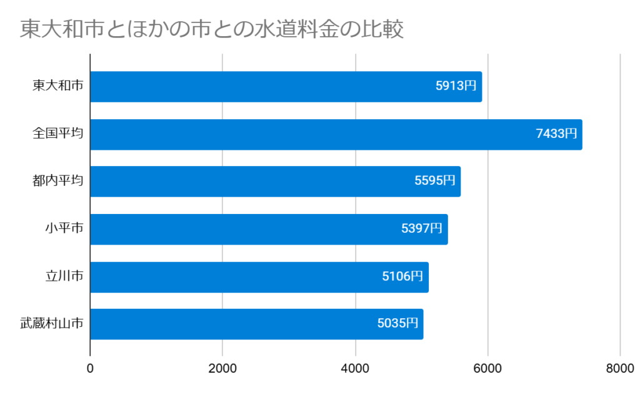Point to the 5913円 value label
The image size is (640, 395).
(x=456, y=87)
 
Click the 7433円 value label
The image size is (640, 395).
(x=556, y=134)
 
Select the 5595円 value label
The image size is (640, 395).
(x=435, y=182)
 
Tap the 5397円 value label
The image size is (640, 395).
(x=422, y=229)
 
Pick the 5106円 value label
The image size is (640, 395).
(x=402, y=276)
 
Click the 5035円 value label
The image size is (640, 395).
(x=397, y=324)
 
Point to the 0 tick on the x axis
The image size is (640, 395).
(x=90, y=368)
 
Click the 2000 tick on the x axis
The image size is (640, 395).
(x=222, y=368)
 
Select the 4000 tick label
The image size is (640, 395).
(x=355, y=368)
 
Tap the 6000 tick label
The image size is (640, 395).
(x=487, y=368)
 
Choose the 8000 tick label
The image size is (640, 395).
(x=620, y=368)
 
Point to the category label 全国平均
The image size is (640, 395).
(x=58, y=134)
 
